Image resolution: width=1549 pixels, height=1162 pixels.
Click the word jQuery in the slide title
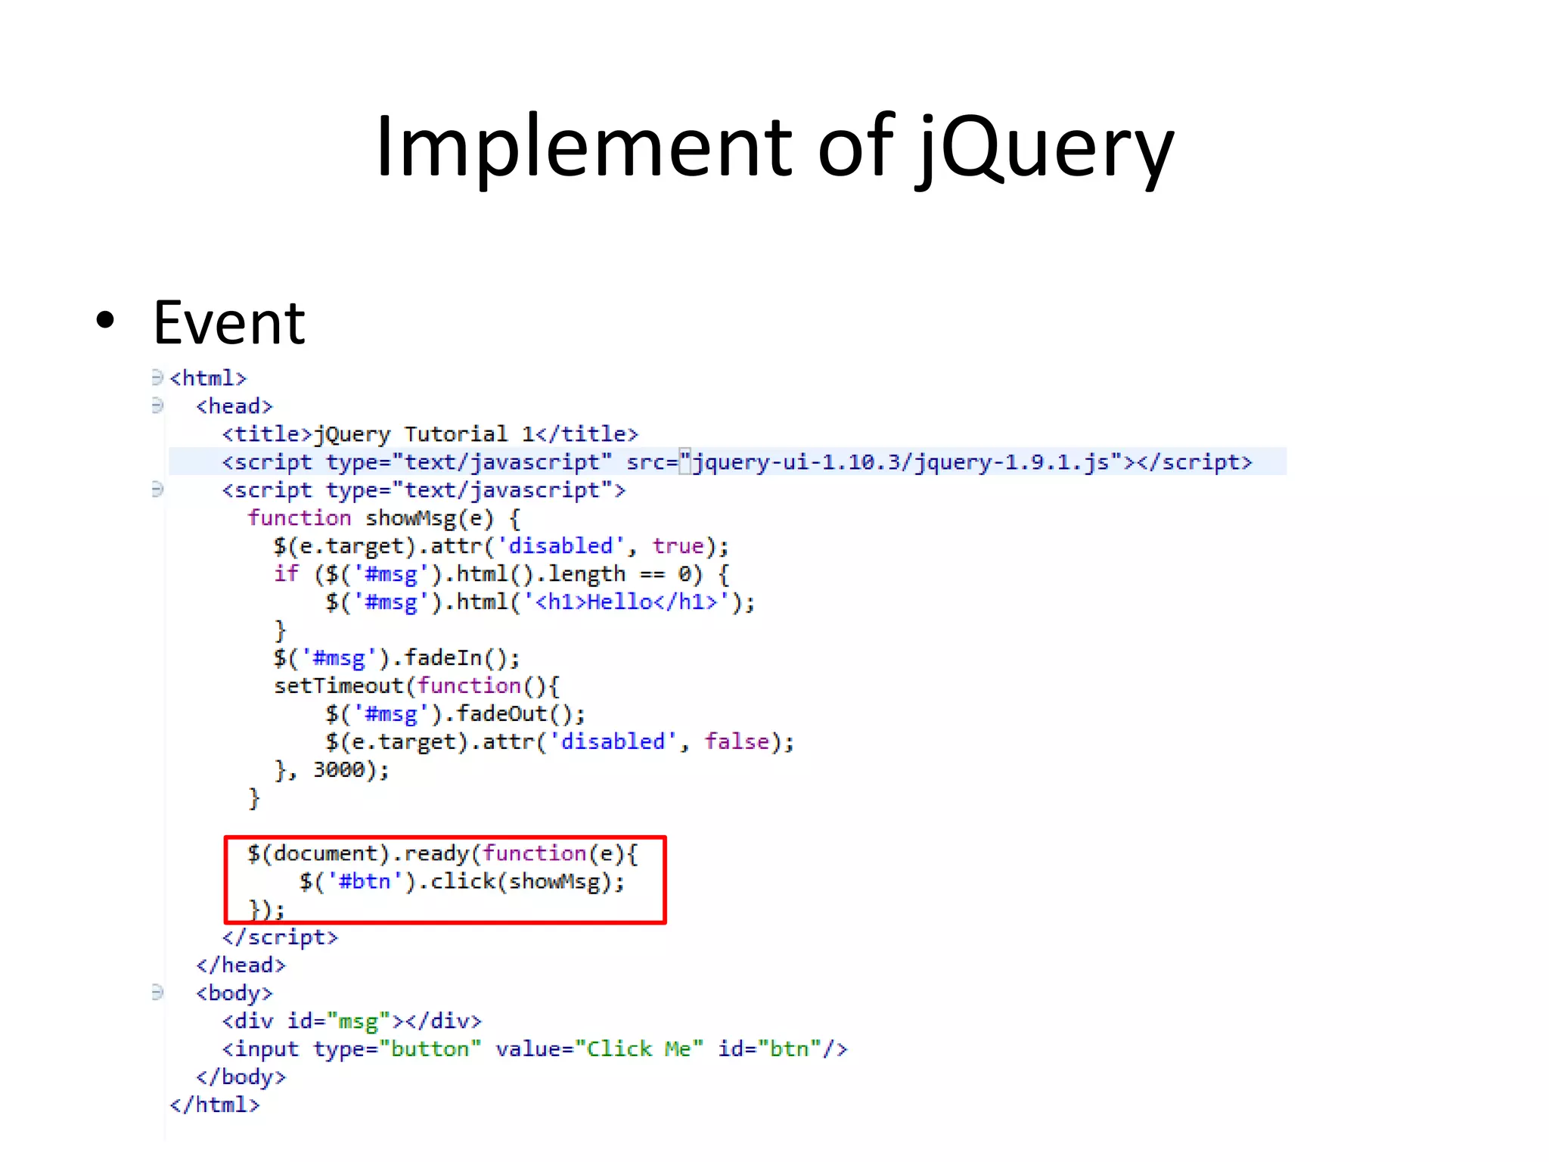click(x=1046, y=148)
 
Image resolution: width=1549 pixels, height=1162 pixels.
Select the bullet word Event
click(x=228, y=323)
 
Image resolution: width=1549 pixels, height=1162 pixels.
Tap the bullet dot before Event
click(x=106, y=321)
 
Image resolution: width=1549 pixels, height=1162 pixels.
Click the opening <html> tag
click(x=208, y=378)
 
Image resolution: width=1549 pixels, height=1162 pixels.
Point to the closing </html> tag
click(x=215, y=1105)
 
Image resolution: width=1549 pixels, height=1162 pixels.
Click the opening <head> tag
click(x=234, y=406)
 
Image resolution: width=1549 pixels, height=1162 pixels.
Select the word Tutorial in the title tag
click(x=455, y=434)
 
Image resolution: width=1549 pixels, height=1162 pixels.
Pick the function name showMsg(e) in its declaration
click(x=429, y=518)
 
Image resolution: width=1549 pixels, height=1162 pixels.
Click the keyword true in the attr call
click(x=678, y=546)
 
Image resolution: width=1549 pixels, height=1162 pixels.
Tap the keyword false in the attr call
click(x=737, y=741)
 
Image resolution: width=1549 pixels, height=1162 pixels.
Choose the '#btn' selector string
click(x=365, y=882)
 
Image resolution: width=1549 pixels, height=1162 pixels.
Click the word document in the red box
click(x=325, y=854)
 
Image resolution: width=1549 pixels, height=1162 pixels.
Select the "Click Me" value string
click(x=639, y=1049)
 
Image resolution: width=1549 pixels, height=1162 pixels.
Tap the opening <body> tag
click(x=234, y=993)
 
